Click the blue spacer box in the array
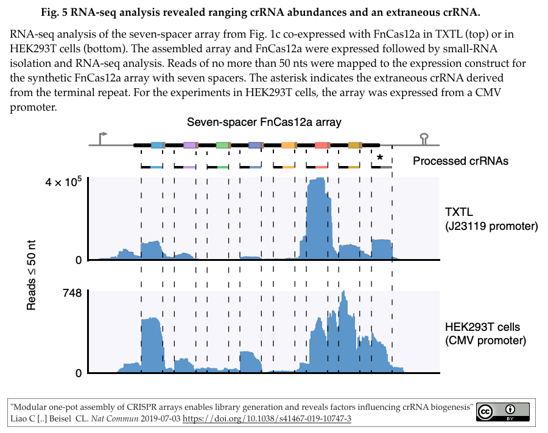point(157,145)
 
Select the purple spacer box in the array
point(190,145)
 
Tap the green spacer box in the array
point(222,145)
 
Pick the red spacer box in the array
point(321,145)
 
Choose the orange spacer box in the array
point(289,145)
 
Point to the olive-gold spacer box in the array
point(354,145)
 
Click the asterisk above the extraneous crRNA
point(380,158)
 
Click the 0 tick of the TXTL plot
point(78,260)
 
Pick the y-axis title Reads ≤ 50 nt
point(32,275)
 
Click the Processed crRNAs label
point(460,161)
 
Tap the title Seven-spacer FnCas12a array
point(264,122)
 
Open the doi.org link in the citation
point(267,419)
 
